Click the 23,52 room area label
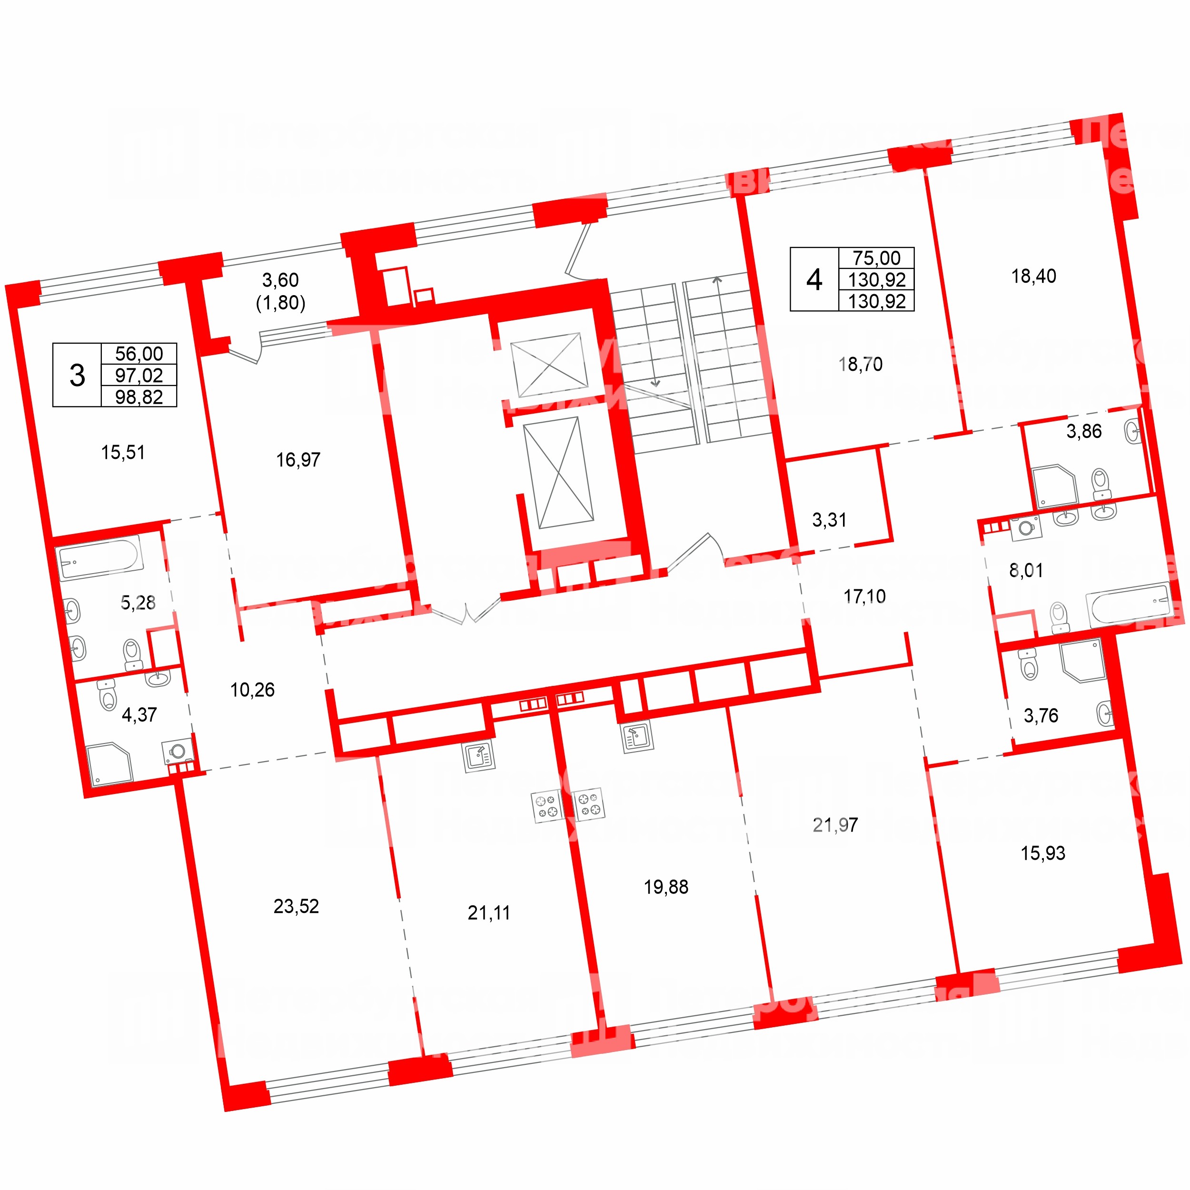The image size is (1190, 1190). coord(296,906)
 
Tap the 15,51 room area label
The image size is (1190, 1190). coord(123,453)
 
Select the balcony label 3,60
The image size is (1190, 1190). coord(280,280)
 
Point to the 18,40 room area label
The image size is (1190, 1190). coord(1033,276)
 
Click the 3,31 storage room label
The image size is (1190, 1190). coord(829,520)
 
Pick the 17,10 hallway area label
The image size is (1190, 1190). coord(864,596)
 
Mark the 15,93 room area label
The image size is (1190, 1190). coord(1043,853)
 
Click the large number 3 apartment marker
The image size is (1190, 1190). coord(77,375)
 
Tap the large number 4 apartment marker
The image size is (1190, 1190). coord(813,279)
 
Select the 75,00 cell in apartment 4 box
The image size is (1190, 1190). coord(876,258)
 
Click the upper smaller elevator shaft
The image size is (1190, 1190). coord(548,365)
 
